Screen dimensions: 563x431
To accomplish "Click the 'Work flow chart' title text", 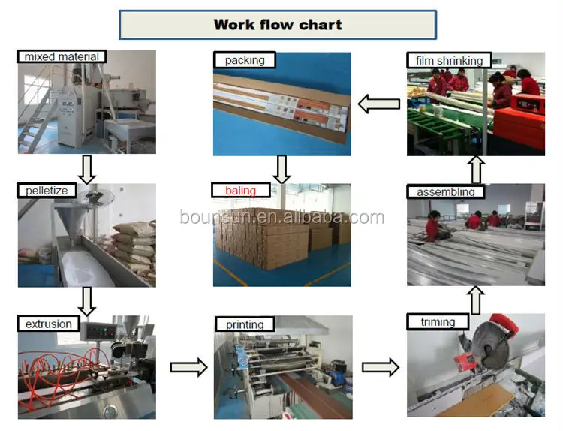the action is (x=278, y=25).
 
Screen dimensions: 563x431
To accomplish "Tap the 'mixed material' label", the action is (x=62, y=57).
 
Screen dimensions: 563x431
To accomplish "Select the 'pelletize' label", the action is (x=47, y=191).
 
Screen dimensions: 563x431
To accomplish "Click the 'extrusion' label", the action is (x=49, y=324).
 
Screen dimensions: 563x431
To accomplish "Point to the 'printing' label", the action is (x=245, y=324).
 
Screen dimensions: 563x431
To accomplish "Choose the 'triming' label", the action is (x=438, y=322).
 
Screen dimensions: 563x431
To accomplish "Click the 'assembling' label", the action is (x=446, y=191).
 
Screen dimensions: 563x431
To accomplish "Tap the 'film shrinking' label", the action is (x=449, y=60).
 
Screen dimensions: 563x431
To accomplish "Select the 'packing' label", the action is (x=245, y=60).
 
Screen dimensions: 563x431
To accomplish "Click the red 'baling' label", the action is (x=240, y=191).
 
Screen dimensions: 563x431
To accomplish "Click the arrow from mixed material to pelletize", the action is (x=86, y=170).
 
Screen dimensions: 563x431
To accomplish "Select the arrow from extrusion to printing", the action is (x=189, y=367).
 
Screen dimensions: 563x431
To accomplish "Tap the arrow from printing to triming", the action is (x=381, y=367).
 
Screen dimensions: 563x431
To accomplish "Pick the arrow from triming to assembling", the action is (x=476, y=300).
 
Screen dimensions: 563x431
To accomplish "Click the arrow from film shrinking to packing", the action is (x=379, y=104).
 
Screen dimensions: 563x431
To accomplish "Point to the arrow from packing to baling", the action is (x=281, y=170).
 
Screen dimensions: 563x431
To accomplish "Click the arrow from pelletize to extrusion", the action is (x=86, y=302).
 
